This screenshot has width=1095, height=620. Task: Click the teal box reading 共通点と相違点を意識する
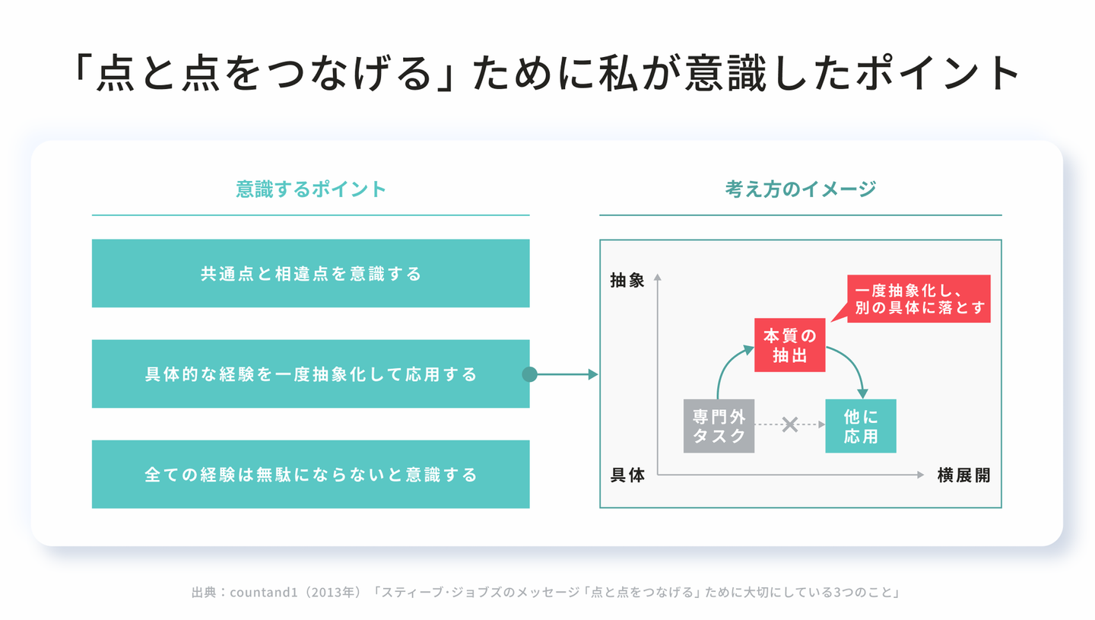(310, 273)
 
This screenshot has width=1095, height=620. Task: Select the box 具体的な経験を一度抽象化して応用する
(310, 374)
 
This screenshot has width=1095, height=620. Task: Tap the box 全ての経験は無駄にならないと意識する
(310, 474)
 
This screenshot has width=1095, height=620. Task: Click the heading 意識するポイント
(310, 189)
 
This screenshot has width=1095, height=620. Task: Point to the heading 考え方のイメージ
(800, 189)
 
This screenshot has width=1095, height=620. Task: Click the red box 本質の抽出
(789, 345)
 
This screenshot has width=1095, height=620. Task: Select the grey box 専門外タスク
(719, 425)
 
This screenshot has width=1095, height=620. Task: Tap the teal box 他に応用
(860, 425)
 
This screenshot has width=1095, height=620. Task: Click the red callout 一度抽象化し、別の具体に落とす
(919, 299)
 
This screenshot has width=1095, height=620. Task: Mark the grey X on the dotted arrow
(790, 424)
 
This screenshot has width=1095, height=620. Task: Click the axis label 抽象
(627, 280)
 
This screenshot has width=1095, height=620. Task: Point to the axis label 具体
(627, 475)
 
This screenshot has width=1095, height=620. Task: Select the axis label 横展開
(963, 475)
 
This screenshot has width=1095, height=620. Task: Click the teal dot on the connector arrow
(530, 374)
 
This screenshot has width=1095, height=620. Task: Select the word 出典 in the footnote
(202, 592)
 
